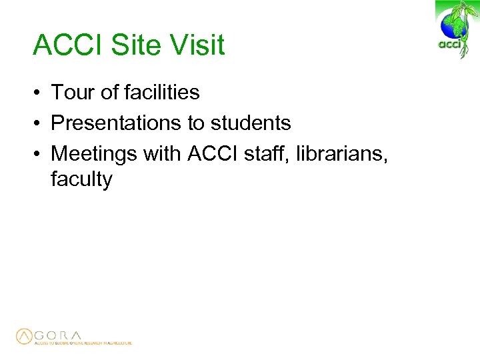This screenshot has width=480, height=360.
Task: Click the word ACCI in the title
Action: pyautogui.click(x=63, y=45)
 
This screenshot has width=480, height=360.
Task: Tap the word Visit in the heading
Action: pyautogui.click(x=197, y=45)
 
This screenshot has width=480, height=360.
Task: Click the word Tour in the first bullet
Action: pyautogui.click(x=73, y=92)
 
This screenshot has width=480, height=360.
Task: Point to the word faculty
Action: pyautogui.click(x=81, y=179)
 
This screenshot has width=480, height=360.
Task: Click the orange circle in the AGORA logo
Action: pyautogui.click(x=25, y=336)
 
